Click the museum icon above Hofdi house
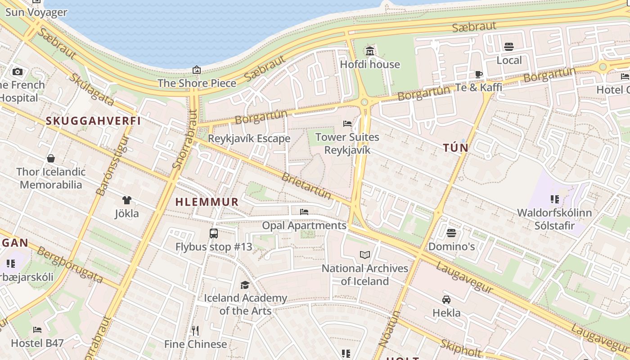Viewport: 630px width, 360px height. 370,51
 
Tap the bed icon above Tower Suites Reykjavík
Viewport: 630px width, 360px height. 347,123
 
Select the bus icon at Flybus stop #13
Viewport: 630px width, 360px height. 214,234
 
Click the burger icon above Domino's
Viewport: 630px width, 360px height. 451,233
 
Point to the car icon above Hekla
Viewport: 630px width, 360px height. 446,299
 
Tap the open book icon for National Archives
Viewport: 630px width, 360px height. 365,255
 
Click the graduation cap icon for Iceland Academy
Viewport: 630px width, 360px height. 245,285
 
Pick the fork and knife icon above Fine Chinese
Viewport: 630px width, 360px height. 195,331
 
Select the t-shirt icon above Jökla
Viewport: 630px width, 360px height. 127,200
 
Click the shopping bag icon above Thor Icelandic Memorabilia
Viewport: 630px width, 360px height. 51,158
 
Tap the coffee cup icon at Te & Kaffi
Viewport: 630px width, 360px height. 479,74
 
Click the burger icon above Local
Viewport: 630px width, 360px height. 509,47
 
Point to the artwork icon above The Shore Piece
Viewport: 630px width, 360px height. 197,70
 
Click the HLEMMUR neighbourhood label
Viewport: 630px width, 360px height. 207,202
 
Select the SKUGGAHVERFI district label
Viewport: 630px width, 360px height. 94,121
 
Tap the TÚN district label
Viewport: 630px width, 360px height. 456,148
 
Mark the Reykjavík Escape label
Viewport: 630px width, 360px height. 249,139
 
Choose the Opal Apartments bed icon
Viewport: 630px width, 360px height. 304,211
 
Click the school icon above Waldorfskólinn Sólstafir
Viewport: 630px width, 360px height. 554,199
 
